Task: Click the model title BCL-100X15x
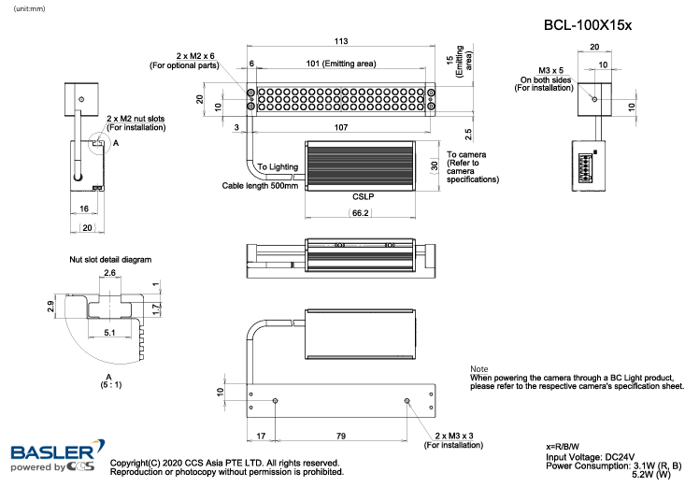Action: coord(588,25)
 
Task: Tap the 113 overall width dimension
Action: coord(341,42)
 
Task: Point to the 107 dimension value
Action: coord(346,126)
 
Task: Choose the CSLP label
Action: coord(364,197)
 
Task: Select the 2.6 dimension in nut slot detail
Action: coord(109,273)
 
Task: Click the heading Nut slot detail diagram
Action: coord(110,259)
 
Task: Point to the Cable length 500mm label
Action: coord(260,185)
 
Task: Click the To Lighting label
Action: coord(278,166)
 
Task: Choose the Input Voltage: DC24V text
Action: coord(589,457)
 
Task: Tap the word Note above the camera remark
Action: coord(479,369)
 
